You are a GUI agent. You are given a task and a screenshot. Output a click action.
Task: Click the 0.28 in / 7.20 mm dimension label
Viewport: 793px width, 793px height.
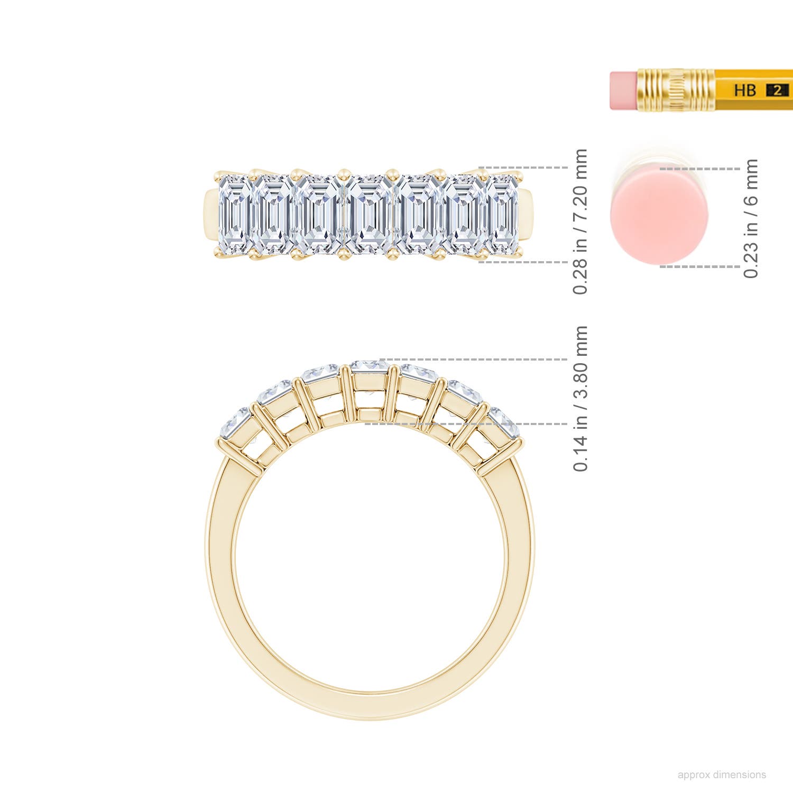pyautogui.click(x=580, y=222)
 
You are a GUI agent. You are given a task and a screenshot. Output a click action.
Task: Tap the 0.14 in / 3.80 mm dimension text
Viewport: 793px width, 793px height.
pyautogui.click(x=580, y=399)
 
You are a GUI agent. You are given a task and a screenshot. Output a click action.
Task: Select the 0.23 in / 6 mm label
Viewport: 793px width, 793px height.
pyautogui.click(x=751, y=218)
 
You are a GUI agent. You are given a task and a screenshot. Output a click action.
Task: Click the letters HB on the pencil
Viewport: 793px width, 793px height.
pyautogui.click(x=744, y=90)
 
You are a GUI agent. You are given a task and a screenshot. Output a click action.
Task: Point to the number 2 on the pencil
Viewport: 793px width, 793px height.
pyautogui.click(x=777, y=90)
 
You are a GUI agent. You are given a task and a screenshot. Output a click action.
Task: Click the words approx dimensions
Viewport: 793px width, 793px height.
pyautogui.click(x=722, y=775)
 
